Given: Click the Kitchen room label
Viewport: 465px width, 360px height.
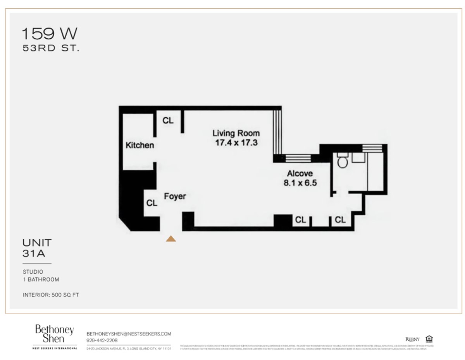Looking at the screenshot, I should [139, 146].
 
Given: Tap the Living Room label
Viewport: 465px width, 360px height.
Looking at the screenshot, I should [236, 133].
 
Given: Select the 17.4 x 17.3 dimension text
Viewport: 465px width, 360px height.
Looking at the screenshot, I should [236, 143].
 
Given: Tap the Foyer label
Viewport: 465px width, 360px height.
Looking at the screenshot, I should [174, 196].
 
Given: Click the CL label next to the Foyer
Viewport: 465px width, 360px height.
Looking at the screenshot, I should [152, 203].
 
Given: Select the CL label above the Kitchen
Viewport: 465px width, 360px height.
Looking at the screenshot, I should [168, 121].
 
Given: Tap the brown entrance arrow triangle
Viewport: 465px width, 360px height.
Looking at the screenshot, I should [171, 239].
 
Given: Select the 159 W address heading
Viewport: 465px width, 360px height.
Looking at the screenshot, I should [49, 34].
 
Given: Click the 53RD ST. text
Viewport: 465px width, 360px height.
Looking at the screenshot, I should [50, 49].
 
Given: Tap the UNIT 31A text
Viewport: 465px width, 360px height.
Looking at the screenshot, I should [37, 248].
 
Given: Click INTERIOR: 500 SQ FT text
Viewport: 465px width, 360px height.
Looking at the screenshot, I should [51, 295].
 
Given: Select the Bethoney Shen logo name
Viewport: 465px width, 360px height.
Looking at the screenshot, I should [54, 334].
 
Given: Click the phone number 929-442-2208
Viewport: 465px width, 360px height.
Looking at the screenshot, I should [102, 340].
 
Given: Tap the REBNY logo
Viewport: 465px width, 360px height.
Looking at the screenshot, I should [412, 339].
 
